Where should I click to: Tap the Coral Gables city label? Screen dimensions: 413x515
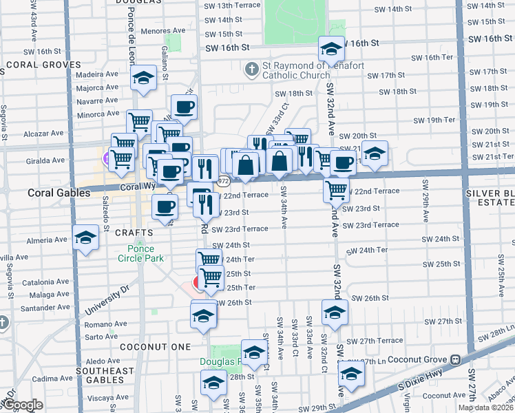pyautogui.click(x=59, y=193)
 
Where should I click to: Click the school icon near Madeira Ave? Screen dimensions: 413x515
pyautogui.click(x=143, y=78)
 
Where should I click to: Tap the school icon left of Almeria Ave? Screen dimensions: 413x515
pyautogui.click(x=85, y=238)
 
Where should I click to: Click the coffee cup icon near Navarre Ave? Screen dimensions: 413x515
pyautogui.click(x=184, y=107)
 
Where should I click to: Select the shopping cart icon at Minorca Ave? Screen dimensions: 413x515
pyautogui.click(x=139, y=122)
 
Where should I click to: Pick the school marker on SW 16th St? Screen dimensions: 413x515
pyautogui.click(x=331, y=49)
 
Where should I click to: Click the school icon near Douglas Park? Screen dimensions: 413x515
pyautogui.click(x=254, y=352)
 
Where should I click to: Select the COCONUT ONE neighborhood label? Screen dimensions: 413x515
pyautogui.click(x=149, y=348)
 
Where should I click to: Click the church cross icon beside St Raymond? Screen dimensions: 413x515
pyautogui.click(x=251, y=69)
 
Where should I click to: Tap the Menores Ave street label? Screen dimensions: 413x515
pyautogui.click(x=163, y=30)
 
